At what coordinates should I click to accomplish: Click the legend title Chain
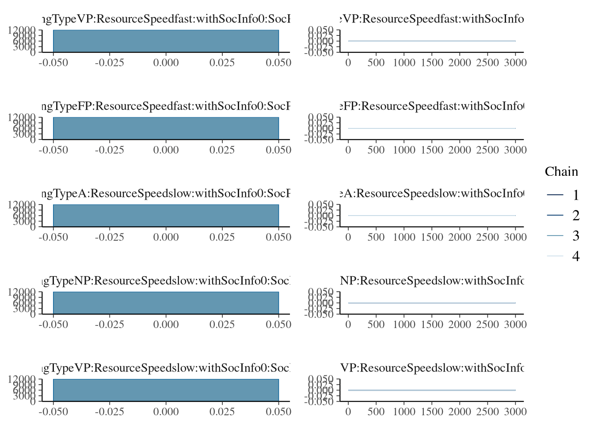pyautogui.click(x=561, y=172)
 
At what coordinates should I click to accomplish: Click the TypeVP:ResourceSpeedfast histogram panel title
pyautogui.click(x=166, y=19)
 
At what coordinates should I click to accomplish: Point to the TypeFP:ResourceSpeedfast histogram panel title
pyautogui.click(x=166, y=106)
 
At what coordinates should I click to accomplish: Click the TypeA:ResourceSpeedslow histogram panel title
pyautogui.click(x=166, y=193)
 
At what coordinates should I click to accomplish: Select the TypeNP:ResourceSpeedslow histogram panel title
pyautogui.click(x=166, y=281)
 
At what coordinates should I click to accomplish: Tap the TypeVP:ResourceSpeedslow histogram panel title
pyautogui.click(x=166, y=368)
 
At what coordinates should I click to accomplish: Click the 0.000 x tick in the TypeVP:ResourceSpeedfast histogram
pyautogui.click(x=166, y=62)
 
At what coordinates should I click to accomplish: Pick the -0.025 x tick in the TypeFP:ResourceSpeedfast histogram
pyautogui.click(x=110, y=150)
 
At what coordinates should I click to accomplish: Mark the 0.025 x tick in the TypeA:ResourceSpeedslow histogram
pyautogui.click(x=222, y=237)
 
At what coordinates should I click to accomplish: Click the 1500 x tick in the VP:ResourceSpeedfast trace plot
pyautogui.click(x=432, y=62)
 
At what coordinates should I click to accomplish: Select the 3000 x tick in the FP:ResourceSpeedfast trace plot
pyautogui.click(x=515, y=150)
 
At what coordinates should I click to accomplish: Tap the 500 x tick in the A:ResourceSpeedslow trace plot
pyautogui.click(x=376, y=237)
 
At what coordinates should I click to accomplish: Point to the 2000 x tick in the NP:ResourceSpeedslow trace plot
pyautogui.click(x=460, y=324)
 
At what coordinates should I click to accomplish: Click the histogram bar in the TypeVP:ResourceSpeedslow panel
pyautogui.click(x=166, y=390)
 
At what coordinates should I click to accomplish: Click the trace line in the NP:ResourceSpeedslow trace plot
pyautogui.click(x=432, y=303)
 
